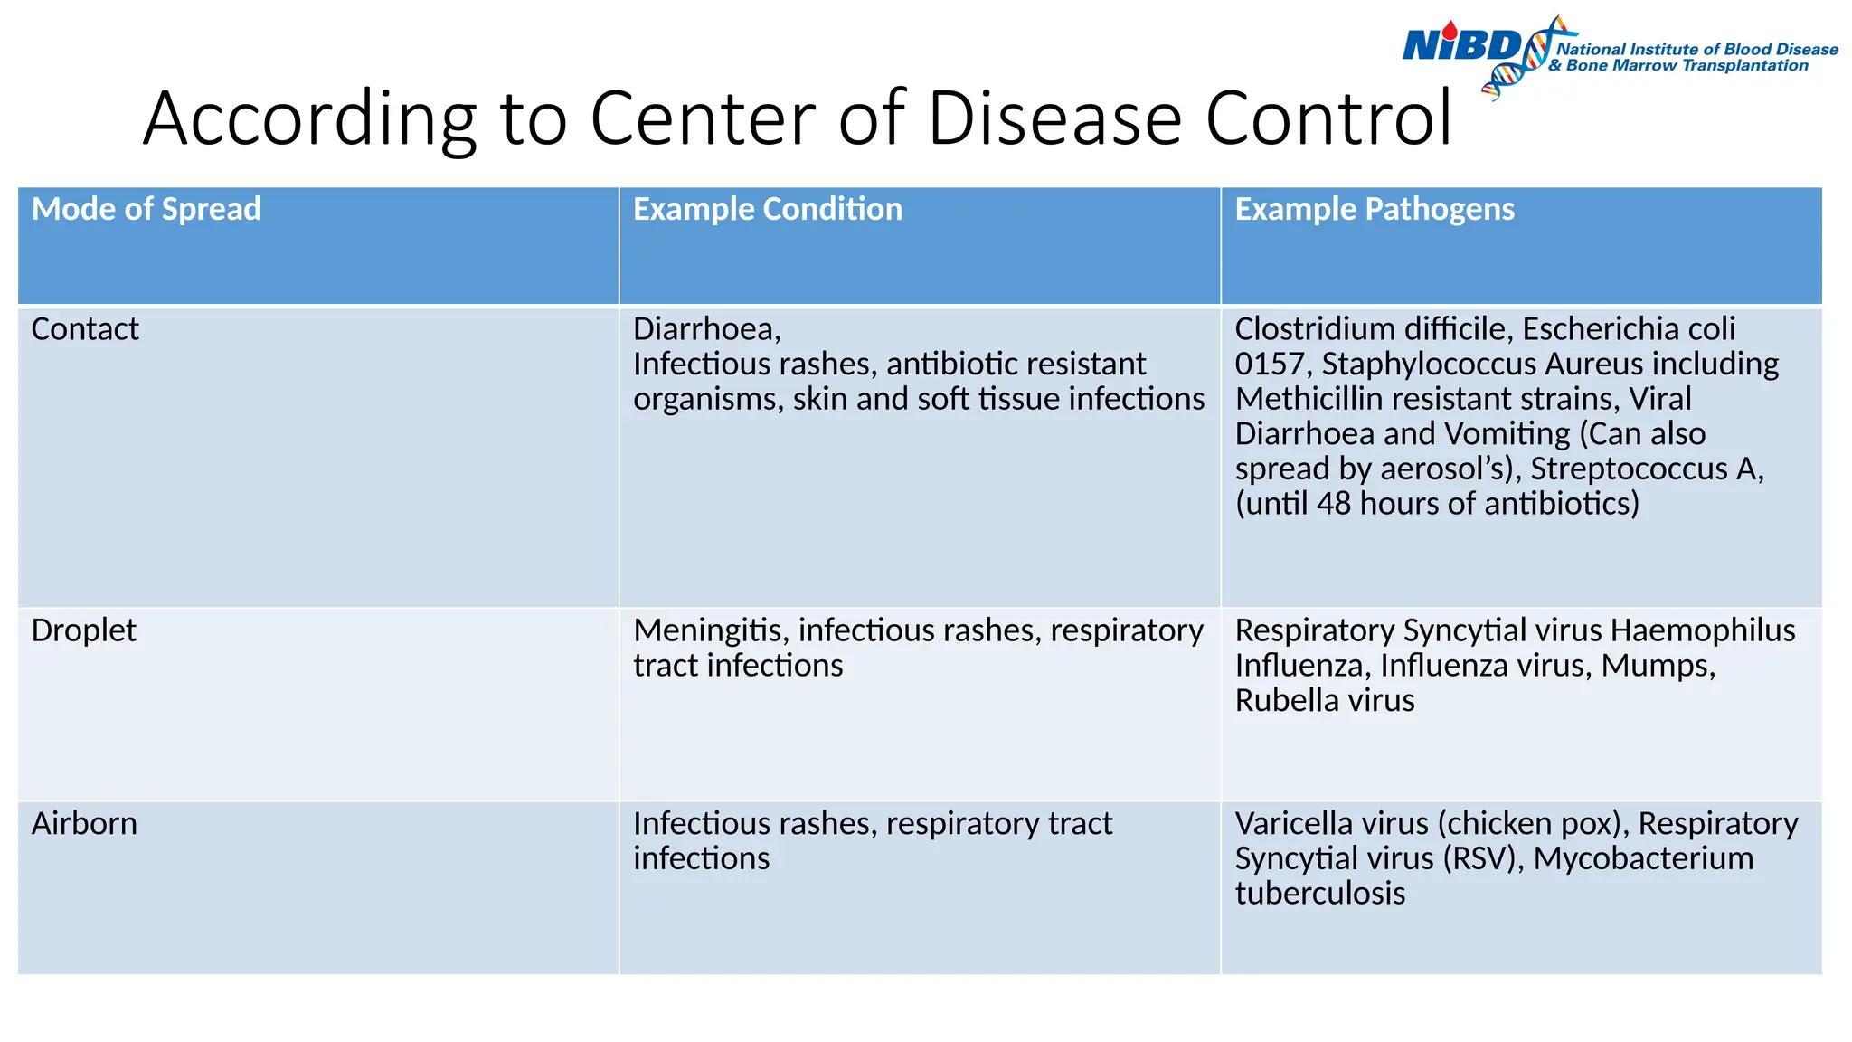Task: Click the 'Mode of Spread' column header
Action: click(x=146, y=210)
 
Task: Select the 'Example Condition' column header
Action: click(x=767, y=210)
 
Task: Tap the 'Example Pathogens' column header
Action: click(x=1374, y=210)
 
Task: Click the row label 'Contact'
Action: click(x=85, y=329)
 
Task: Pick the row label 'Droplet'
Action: click(x=83, y=630)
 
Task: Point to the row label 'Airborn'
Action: click(x=84, y=824)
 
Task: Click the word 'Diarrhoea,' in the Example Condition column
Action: click(x=706, y=329)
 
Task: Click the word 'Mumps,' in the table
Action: click(x=1658, y=666)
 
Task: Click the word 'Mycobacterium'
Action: click(x=1643, y=858)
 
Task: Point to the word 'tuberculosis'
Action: click(x=1319, y=894)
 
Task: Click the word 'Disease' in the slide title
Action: click(x=1054, y=118)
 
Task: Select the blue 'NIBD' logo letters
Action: click(x=1461, y=44)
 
